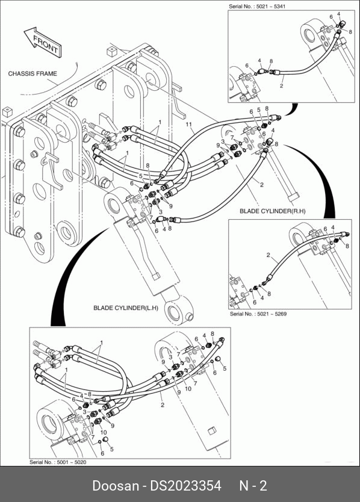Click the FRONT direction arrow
[x=43, y=43]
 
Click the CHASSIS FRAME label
[x=33, y=73]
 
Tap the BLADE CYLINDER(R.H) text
[x=273, y=211]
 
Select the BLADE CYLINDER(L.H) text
[x=126, y=308]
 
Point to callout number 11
[x=188, y=124]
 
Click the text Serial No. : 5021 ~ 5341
[x=257, y=6]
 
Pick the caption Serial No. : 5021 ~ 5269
[x=258, y=314]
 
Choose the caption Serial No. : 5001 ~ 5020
[x=58, y=462]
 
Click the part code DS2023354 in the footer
[x=186, y=485]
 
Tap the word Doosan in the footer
[x=116, y=485]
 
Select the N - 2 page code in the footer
[x=253, y=485]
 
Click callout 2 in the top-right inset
[x=281, y=86]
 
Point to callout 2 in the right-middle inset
[x=268, y=255]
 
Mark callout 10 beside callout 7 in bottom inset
[x=188, y=388]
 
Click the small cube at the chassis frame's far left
[x=7, y=113]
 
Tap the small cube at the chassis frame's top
[x=111, y=51]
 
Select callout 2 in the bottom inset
[x=163, y=405]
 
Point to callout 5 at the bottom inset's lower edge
[x=112, y=449]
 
